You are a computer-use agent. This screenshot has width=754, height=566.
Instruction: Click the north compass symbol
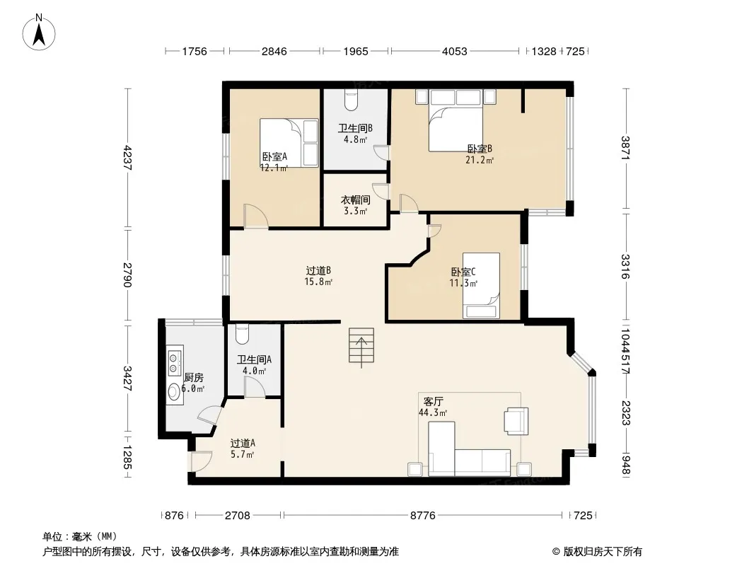(x=39, y=32)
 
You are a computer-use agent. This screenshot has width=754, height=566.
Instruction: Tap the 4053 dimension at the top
(x=454, y=51)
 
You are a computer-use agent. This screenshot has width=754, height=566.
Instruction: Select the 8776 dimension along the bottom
(x=423, y=516)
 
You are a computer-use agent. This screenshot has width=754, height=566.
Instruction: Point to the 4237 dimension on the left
(x=127, y=158)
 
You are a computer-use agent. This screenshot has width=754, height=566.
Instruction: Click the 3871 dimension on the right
(x=625, y=148)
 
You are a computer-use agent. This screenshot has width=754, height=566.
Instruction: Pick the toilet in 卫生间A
(x=242, y=335)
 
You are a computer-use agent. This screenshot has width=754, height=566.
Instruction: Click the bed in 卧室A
(x=289, y=143)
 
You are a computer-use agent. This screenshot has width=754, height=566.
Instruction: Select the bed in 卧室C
(x=481, y=286)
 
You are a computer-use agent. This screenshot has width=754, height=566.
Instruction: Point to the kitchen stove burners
(x=174, y=362)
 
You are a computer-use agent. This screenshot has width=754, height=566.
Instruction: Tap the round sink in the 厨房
(x=174, y=392)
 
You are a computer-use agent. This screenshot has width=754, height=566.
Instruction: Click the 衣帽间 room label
(x=355, y=200)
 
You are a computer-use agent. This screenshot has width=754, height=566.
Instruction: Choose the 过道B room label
(x=318, y=271)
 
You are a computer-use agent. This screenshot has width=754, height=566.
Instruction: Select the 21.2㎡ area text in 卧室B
(x=480, y=160)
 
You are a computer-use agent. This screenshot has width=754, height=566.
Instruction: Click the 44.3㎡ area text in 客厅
(x=433, y=412)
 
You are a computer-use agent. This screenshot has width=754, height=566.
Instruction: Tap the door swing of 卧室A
(x=256, y=216)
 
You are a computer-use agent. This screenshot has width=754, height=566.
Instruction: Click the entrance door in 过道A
(x=202, y=462)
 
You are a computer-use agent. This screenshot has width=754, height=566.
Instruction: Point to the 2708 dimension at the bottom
(x=238, y=516)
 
